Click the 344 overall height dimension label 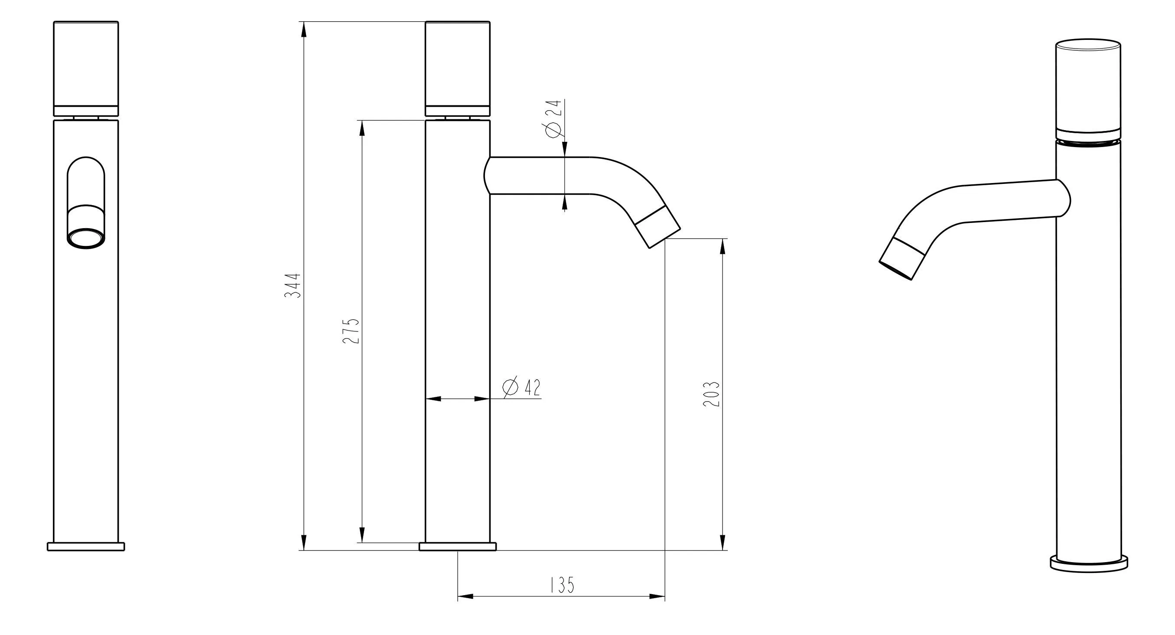tap(293, 286)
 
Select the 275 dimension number tap(351, 331)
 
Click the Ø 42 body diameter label tap(521, 387)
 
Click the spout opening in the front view tap(86, 238)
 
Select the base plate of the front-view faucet tap(86, 547)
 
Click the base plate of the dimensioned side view tap(458, 547)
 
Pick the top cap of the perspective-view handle tap(1088, 46)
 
